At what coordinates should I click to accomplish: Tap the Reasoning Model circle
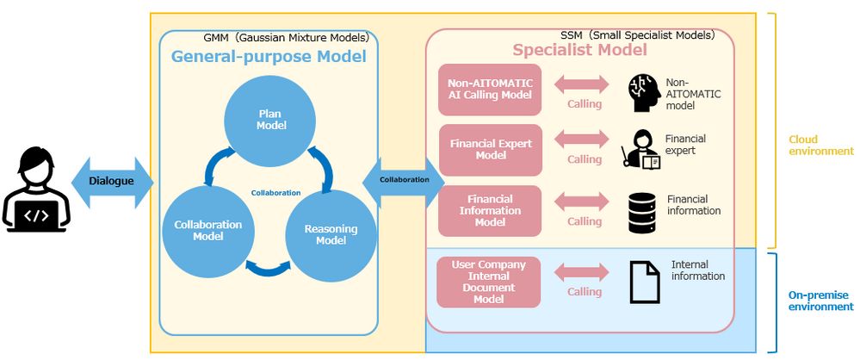[331, 234]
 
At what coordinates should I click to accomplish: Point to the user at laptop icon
[36, 191]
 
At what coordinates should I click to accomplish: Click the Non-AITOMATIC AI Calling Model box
[490, 90]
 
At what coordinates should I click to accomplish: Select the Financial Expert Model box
[490, 149]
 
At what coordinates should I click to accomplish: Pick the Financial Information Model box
[490, 210]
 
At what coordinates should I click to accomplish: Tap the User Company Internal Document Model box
[488, 281]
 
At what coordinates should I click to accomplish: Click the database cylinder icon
[642, 212]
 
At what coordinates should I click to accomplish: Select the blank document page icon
[644, 281]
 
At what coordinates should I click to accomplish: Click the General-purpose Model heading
[269, 57]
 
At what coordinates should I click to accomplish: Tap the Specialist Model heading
[579, 50]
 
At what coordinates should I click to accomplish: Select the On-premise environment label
[820, 300]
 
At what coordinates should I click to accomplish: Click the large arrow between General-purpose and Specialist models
[404, 179]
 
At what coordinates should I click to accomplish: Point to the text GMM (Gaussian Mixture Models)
[286, 37]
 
